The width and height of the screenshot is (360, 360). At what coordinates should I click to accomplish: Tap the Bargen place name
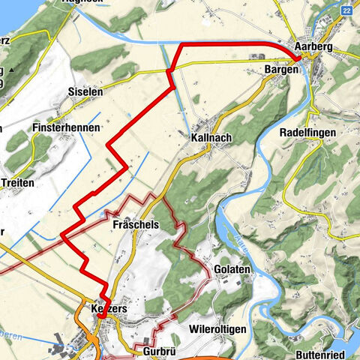[x=281, y=70]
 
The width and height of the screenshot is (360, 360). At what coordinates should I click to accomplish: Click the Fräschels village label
[x=134, y=224]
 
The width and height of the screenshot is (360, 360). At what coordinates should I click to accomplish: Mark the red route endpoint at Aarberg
[x=298, y=58]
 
